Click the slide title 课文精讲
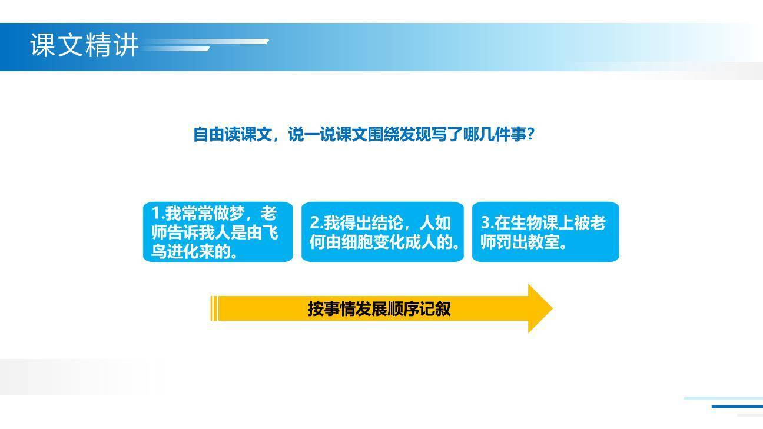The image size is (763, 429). pos(84,45)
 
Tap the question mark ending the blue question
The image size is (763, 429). pos(530,135)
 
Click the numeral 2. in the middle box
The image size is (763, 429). pos(316,223)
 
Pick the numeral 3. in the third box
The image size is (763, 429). pos(487,223)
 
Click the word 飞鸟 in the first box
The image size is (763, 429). pos(263,232)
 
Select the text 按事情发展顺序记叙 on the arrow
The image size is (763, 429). pos(379,309)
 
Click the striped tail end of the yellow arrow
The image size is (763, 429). pos(214,309)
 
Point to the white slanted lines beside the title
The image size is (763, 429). pos(206,45)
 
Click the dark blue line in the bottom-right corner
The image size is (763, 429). pos(737,406)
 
